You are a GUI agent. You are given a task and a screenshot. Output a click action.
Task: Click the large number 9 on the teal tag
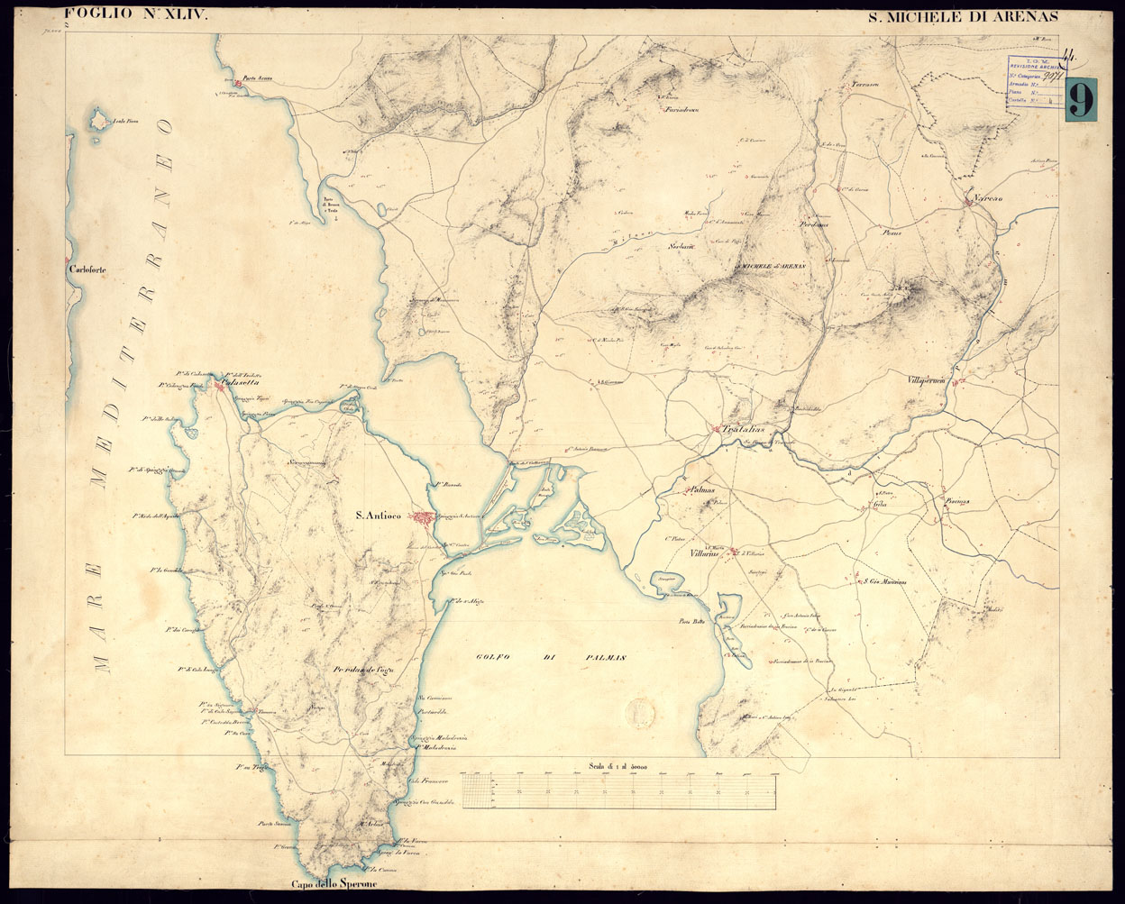point(1080,98)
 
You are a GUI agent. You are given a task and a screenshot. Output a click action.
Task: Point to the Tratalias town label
point(743,430)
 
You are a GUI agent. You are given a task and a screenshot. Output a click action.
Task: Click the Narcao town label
point(988,196)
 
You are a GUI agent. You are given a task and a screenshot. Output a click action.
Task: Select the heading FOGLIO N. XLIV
point(123,14)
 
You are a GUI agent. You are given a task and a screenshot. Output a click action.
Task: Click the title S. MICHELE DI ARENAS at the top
point(962,16)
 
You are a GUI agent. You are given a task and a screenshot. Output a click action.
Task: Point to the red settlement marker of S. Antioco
point(423,517)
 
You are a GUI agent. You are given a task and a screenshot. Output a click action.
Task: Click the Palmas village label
point(702,491)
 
